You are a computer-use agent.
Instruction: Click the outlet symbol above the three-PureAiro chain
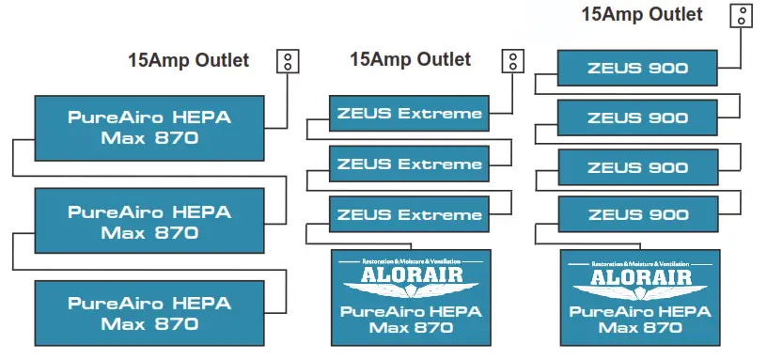point(288,61)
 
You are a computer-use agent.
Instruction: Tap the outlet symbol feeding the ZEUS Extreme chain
point(513,61)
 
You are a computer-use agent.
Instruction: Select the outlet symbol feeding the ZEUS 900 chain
point(743,15)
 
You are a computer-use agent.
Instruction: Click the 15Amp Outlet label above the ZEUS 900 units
point(642,14)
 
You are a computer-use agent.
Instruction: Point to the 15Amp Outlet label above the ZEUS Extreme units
point(410,59)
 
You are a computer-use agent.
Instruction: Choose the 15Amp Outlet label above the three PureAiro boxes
point(188,60)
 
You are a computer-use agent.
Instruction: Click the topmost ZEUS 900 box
point(638,68)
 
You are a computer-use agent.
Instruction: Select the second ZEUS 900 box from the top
point(638,117)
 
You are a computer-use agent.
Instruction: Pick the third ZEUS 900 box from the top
point(638,166)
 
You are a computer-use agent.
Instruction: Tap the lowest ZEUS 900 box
point(638,215)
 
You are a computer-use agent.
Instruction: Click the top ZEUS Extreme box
point(409,114)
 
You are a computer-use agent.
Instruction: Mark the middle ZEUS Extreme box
point(409,164)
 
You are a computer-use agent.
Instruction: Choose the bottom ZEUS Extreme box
point(409,215)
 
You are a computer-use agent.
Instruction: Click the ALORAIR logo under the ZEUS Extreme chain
point(410,275)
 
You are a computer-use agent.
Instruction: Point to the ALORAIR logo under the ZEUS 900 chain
point(639,275)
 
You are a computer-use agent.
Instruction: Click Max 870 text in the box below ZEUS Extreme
point(410,328)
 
